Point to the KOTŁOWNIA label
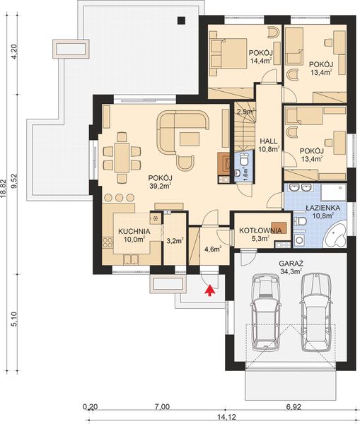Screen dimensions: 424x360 [x=261, y=230]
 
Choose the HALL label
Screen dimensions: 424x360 [x=268, y=140]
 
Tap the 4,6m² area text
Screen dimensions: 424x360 [x=211, y=249]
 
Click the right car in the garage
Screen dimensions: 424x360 [x=314, y=312]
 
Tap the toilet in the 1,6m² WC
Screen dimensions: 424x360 [x=242, y=158]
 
